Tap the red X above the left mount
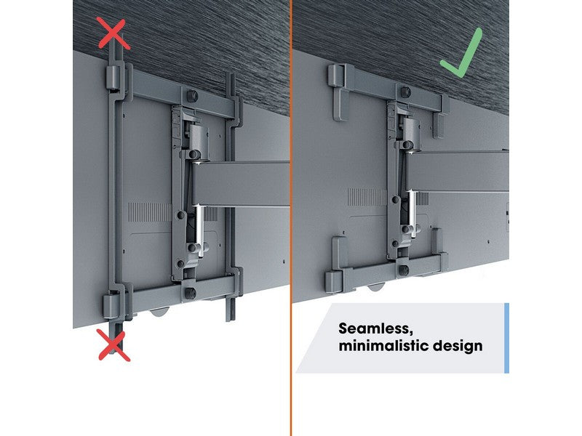[x=114, y=34]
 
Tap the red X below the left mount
[x=114, y=345]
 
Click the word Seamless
[x=375, y=328]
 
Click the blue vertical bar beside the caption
[x=506, y=338]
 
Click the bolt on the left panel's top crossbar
[x=191, y=96]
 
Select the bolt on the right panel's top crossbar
[x=406, y=92]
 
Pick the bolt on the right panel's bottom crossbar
[x=404, y=270]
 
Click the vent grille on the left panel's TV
[x=150, y=212]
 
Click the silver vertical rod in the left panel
[x=200, y=230]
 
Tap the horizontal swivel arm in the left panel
[x=239, y=184]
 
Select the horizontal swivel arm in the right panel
[x=456, y=171]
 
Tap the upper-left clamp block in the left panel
[x=113, y=78]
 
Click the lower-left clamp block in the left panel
[x=111, y=305]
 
